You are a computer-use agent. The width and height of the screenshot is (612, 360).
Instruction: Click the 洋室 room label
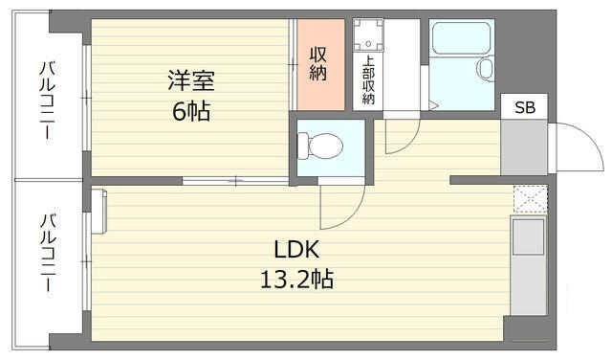(191, 80)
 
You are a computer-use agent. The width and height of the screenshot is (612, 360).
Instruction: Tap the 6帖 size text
(191, 111)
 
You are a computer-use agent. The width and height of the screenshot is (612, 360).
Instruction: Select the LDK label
(296, 250)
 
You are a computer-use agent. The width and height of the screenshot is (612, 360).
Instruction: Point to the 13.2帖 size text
(296, 280)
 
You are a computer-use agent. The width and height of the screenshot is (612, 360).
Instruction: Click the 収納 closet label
(318, 64)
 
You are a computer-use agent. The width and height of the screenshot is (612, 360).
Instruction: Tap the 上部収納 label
(368, 79)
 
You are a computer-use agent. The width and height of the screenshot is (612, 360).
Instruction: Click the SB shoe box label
(525, 107)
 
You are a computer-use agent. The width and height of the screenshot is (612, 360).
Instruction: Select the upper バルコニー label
(47, 100)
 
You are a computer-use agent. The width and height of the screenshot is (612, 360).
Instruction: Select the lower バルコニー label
(48, 252)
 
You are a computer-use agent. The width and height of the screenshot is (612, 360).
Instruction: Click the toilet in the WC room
(319, 146)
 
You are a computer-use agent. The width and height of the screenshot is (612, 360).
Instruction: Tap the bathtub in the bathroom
(461, 38)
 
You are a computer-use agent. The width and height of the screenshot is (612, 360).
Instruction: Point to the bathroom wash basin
(486, 69)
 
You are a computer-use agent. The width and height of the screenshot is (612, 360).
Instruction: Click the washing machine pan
(368, 34)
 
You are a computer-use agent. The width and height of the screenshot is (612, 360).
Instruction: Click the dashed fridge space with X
(531, 199)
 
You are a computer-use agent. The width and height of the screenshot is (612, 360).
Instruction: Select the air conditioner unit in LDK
(98, 212)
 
